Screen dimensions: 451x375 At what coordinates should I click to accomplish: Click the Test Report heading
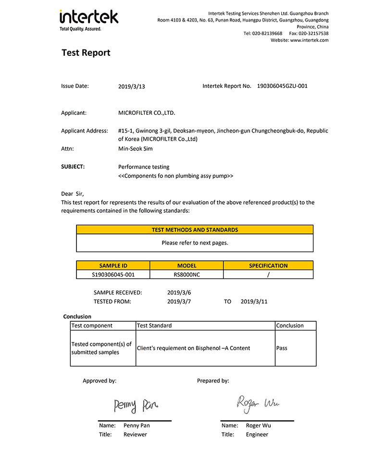tap(86, 53)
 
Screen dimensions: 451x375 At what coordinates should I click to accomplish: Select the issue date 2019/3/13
tap(131, 87)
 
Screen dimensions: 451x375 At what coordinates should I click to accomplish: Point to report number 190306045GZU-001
tap(282, 86)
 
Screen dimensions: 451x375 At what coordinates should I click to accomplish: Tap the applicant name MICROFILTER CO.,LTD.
tap(147, 113)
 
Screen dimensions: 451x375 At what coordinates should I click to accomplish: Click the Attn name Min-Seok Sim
tap(136, 149)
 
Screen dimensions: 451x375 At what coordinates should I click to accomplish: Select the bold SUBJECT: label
tap(73, 167)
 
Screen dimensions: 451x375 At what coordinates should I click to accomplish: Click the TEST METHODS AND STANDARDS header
tap(195, 230)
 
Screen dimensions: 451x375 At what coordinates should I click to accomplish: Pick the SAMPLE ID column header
tap(113, 266)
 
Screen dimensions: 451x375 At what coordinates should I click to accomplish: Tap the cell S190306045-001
tap(113, 275)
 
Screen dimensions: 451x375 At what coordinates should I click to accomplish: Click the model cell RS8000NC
tap(187, 275)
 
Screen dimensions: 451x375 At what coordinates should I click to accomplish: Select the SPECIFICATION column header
tap(268, 266)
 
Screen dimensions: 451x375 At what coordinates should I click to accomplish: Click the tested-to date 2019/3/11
tap(254, 302)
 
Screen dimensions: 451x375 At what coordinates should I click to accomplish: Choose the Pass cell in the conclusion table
tap(282, 348)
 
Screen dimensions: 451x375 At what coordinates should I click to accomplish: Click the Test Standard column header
tap(154, 326)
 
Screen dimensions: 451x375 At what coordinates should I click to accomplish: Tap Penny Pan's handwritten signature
tap(136, 406)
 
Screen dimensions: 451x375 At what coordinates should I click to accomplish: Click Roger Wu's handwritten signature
tap(257, 403)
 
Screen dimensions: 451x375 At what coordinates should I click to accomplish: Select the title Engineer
tap(257, 435)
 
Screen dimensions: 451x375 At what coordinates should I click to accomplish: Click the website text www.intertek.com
tap(309, 40)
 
